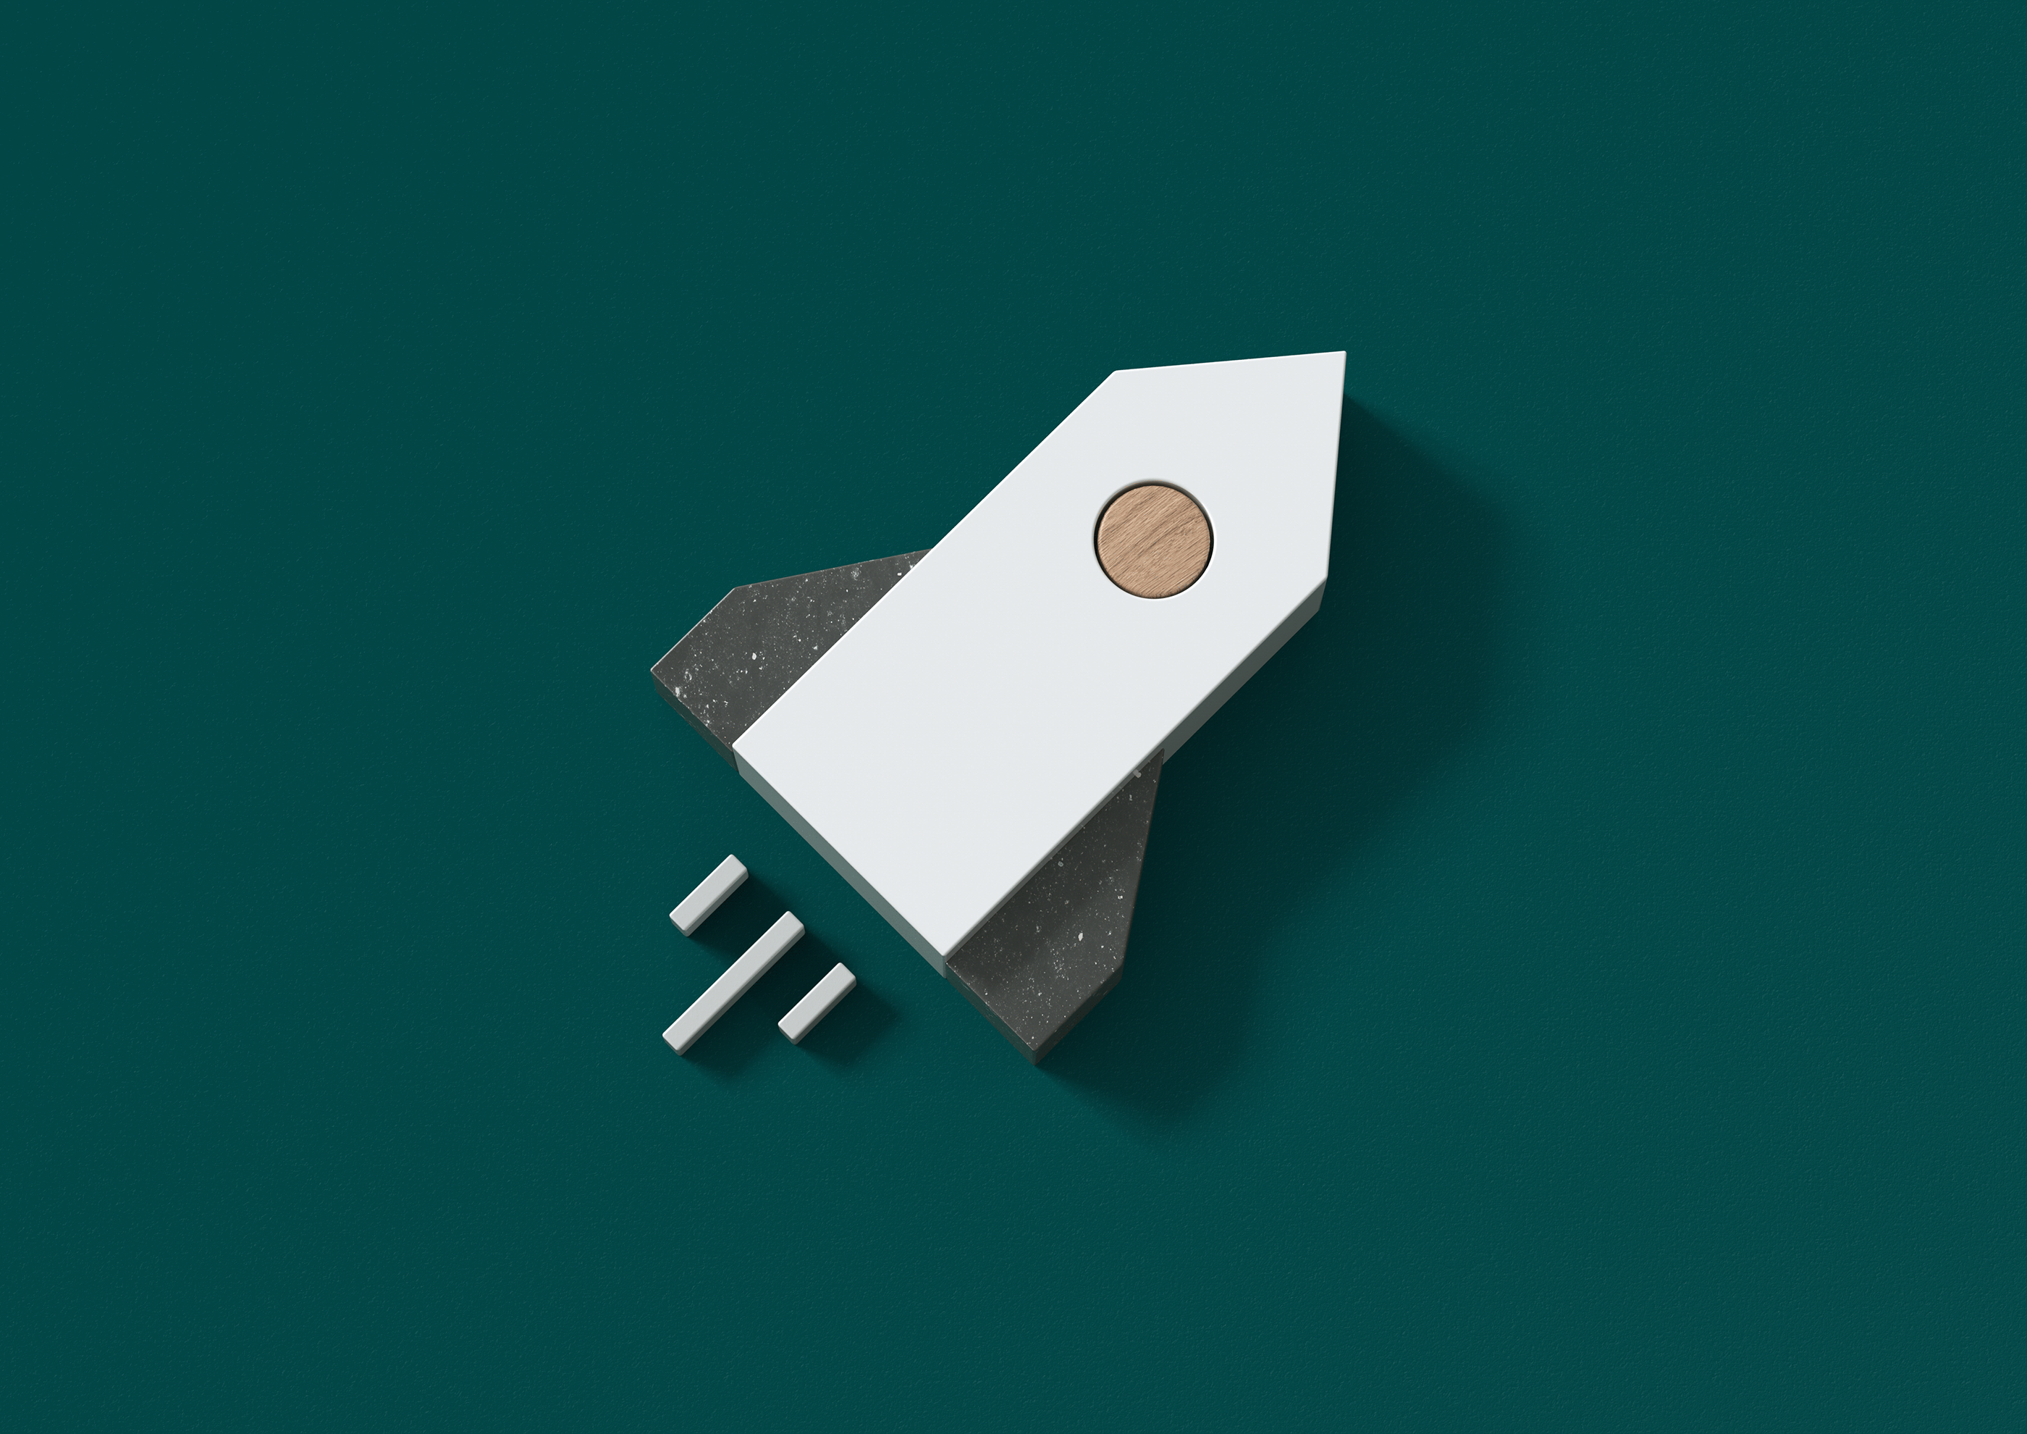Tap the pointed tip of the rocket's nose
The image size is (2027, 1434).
point(1344,353)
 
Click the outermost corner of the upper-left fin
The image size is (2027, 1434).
point(653,671)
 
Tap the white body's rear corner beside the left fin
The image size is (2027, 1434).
point(736,749)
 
